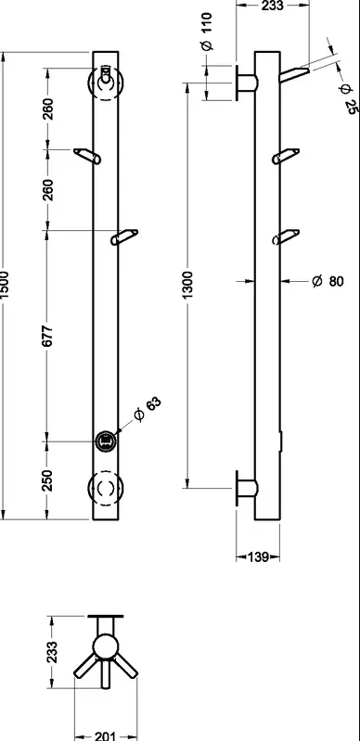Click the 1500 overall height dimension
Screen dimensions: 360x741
tap(4, 285)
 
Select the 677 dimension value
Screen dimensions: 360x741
tap(47, 336)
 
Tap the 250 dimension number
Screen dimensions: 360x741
tap(47, 480)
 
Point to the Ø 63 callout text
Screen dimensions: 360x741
tap(148, 409)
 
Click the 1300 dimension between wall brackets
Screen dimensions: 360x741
tap(187, 285)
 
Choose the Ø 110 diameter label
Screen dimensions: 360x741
tap(207, 32)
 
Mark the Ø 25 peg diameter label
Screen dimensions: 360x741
tap(347, 99)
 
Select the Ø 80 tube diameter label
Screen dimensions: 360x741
tap(328, 281)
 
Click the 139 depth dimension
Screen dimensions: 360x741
tap(258, 557)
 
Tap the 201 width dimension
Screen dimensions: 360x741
tap(106, 736)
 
